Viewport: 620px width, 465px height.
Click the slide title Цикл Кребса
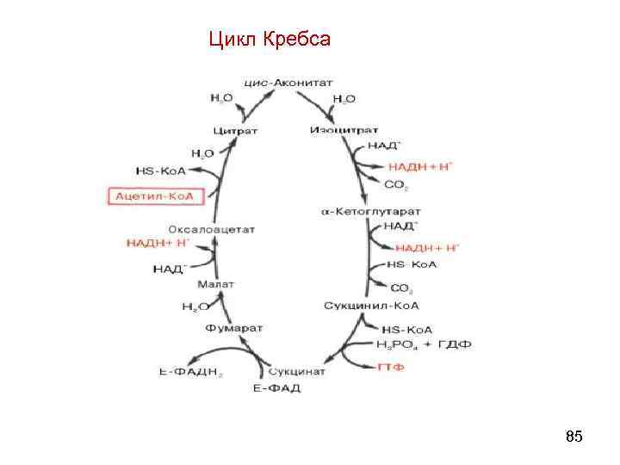pos(269,40)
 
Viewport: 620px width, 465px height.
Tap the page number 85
pos(573,437)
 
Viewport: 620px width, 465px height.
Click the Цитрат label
pos(237,130)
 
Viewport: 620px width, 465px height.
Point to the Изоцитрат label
pos(338,130)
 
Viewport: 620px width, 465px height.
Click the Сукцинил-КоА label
pos(366,306)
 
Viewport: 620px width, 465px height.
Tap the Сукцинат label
pos(297,371)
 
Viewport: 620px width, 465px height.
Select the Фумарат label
pos(234,328)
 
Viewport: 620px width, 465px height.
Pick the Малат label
pos(214,284)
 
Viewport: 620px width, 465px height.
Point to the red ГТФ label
pos(391,368)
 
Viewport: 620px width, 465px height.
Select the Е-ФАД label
pos(276,388)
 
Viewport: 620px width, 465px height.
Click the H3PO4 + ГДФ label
pos(424,345)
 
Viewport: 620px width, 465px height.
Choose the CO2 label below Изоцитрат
pos(396,185)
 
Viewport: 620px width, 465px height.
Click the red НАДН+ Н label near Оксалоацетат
pos(158,244)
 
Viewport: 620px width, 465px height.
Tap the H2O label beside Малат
pos(194,306)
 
